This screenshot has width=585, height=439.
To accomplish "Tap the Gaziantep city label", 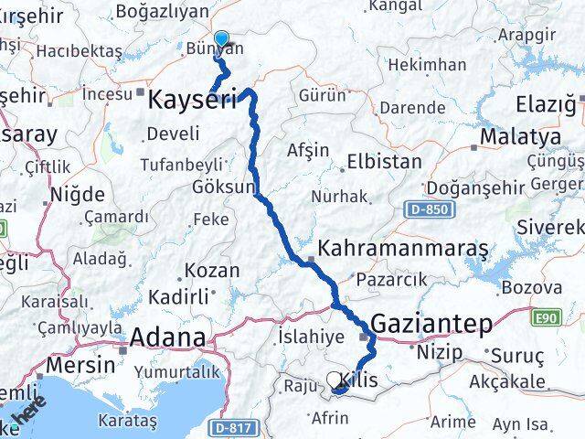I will pos(431,324).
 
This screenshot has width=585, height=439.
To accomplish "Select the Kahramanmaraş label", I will pos(403,249).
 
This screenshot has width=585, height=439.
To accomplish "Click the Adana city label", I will pos(167,337).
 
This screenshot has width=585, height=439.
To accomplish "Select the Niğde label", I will pos(78,194).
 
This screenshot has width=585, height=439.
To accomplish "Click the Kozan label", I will pos(212,271).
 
